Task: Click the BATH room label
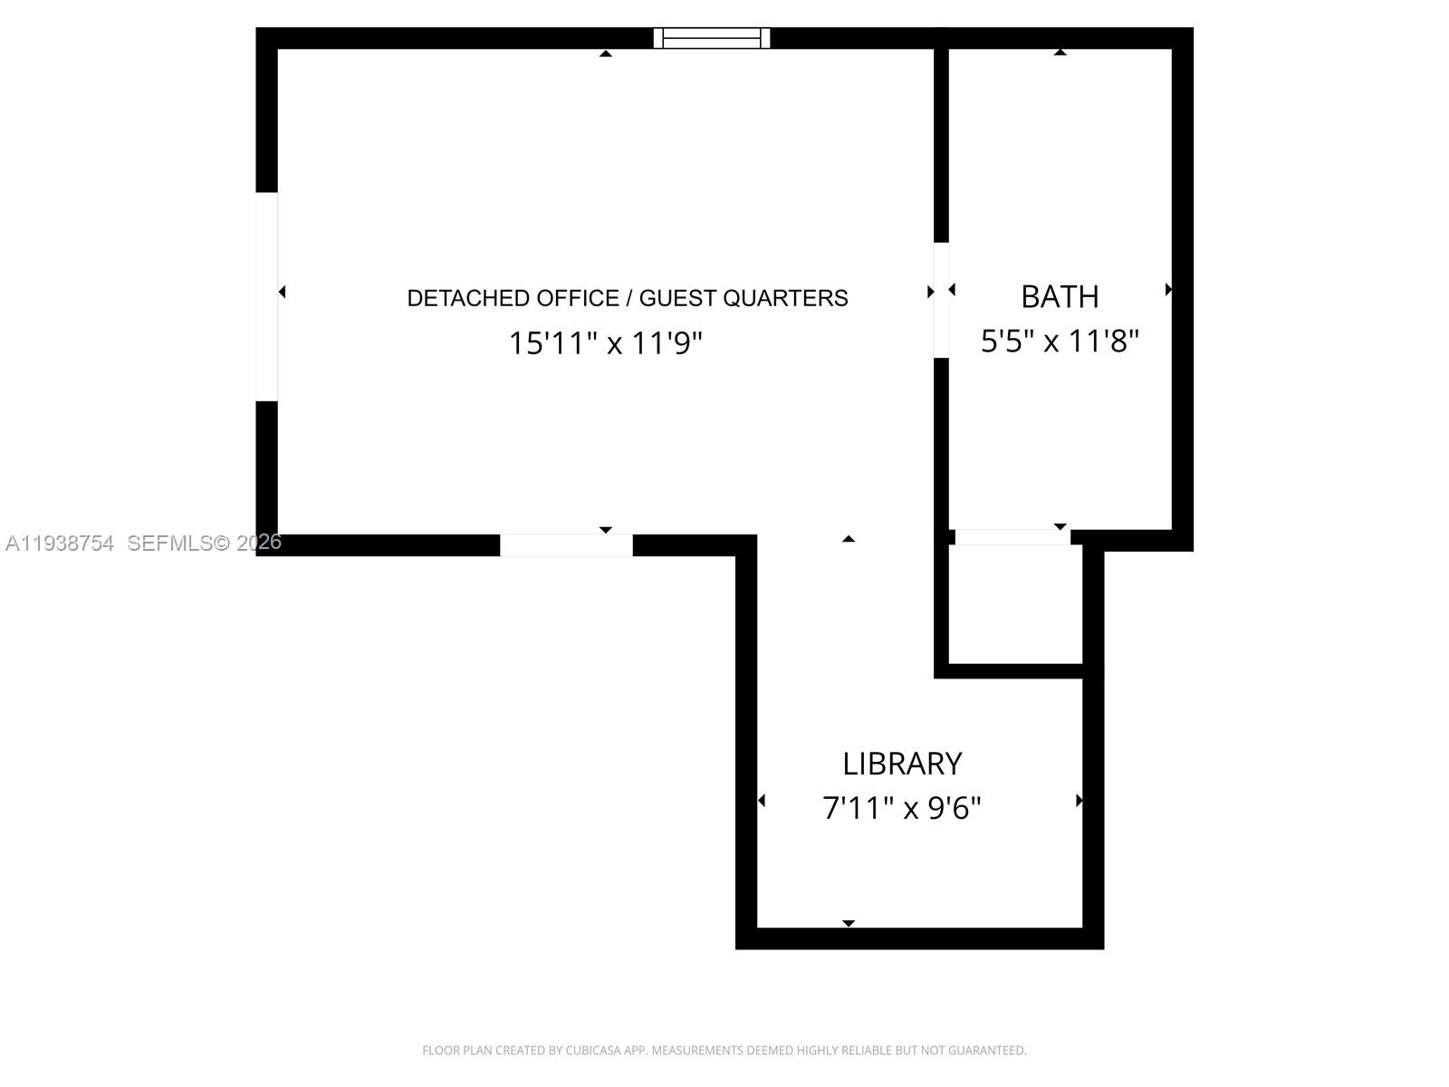point(1060,296)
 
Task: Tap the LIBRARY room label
point(902,764)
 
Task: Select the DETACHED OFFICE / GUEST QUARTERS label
point(628,298)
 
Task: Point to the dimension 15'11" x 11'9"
point(605,343)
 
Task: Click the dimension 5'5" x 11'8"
point(1060,341)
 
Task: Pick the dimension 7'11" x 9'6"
point(902,807)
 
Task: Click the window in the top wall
point(712,38)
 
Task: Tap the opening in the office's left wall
point(267,296)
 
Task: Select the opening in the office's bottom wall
point(566,545)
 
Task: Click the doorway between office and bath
point(942,300)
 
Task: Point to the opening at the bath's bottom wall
point(1012,537)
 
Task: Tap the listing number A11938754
point(60,543)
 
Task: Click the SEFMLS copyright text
point(205,543)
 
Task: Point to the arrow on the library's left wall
point(762,801)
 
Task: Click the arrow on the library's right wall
point(1079,801)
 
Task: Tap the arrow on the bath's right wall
point(1168,290)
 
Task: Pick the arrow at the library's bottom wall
point(849,923)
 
